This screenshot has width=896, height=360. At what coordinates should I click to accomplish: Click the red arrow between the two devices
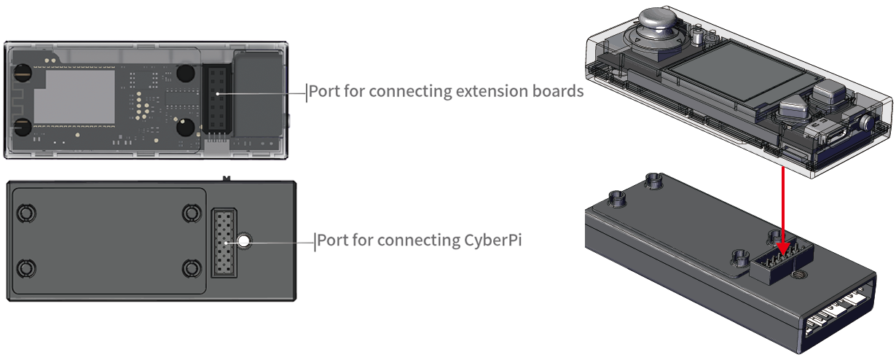[x=783, y=211]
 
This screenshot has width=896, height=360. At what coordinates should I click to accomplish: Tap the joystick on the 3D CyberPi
[x=659, y=30]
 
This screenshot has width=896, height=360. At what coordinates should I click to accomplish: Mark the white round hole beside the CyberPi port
[x=245, y=241]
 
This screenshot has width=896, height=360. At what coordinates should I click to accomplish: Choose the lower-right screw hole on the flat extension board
[x=192, y=269]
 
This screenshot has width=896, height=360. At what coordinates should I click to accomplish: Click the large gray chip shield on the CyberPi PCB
[x=74, y=95]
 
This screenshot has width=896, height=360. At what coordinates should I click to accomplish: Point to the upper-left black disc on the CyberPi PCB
[x=23, y=73]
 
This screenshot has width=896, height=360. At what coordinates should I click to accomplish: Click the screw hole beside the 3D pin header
[x=800, y=275]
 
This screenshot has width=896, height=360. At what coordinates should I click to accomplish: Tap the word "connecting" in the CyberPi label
[x=413, y=240]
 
